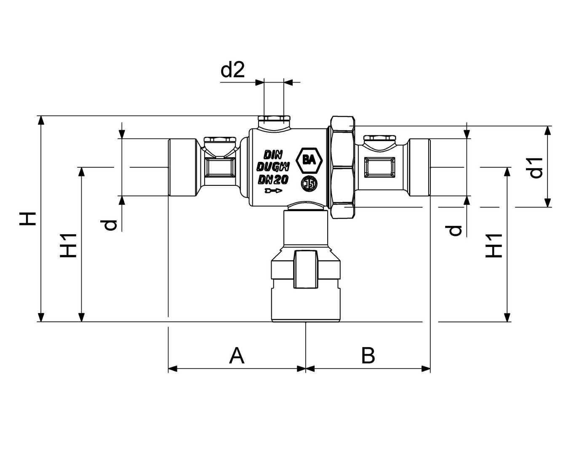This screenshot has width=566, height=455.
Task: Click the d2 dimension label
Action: [x=233, y=70]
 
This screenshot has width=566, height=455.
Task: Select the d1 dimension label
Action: [x=536, y=168]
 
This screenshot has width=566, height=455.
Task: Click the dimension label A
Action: [x=237, y=356]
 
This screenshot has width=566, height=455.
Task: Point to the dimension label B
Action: [x=368, y=356]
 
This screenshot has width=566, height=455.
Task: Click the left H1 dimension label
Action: [x=68, y=245]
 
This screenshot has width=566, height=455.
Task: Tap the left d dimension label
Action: [x=110, y=225]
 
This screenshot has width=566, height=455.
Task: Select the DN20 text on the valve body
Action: [x=273, y=180]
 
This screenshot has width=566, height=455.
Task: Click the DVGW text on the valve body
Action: [x=273, y=166]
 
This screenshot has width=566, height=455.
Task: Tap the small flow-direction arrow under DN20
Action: [x=273, y=192]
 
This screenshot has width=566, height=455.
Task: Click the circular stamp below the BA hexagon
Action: [x=309, y=183]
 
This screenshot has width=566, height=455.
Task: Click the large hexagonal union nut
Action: [x=342, y=167]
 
